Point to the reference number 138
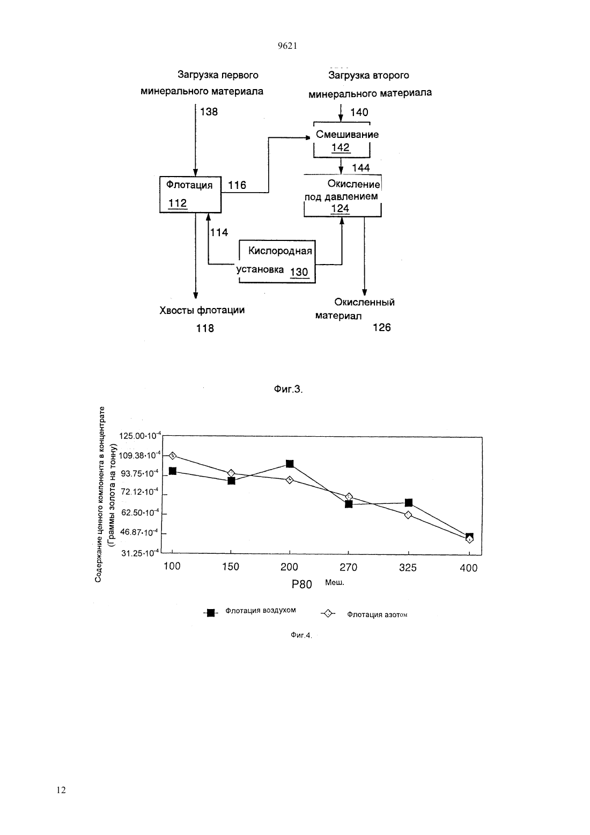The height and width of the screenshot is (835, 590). [x=209, y=112]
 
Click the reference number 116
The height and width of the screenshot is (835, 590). [x=237, y=185]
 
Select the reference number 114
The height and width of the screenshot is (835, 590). [x=219, y=232]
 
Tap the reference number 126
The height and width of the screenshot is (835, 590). [x=382, y=328]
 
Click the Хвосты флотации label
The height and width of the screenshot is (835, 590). [x=202, y=311]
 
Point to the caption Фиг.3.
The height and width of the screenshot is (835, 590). [x=289, y=390]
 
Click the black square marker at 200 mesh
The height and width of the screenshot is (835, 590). [x=290, y=464]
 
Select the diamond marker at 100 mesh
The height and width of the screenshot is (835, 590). [x=173, y=456]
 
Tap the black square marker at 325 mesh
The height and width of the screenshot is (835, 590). [x=409, y=502]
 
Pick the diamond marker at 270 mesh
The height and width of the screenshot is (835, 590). [x=349, y=497]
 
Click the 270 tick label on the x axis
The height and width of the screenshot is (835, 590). [x=348, y=567]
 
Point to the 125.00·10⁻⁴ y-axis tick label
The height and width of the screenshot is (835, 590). [x=140, y=435]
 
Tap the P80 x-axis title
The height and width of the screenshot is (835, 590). [x=301, y=584]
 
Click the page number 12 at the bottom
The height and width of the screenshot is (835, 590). [x=61, y=790]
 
